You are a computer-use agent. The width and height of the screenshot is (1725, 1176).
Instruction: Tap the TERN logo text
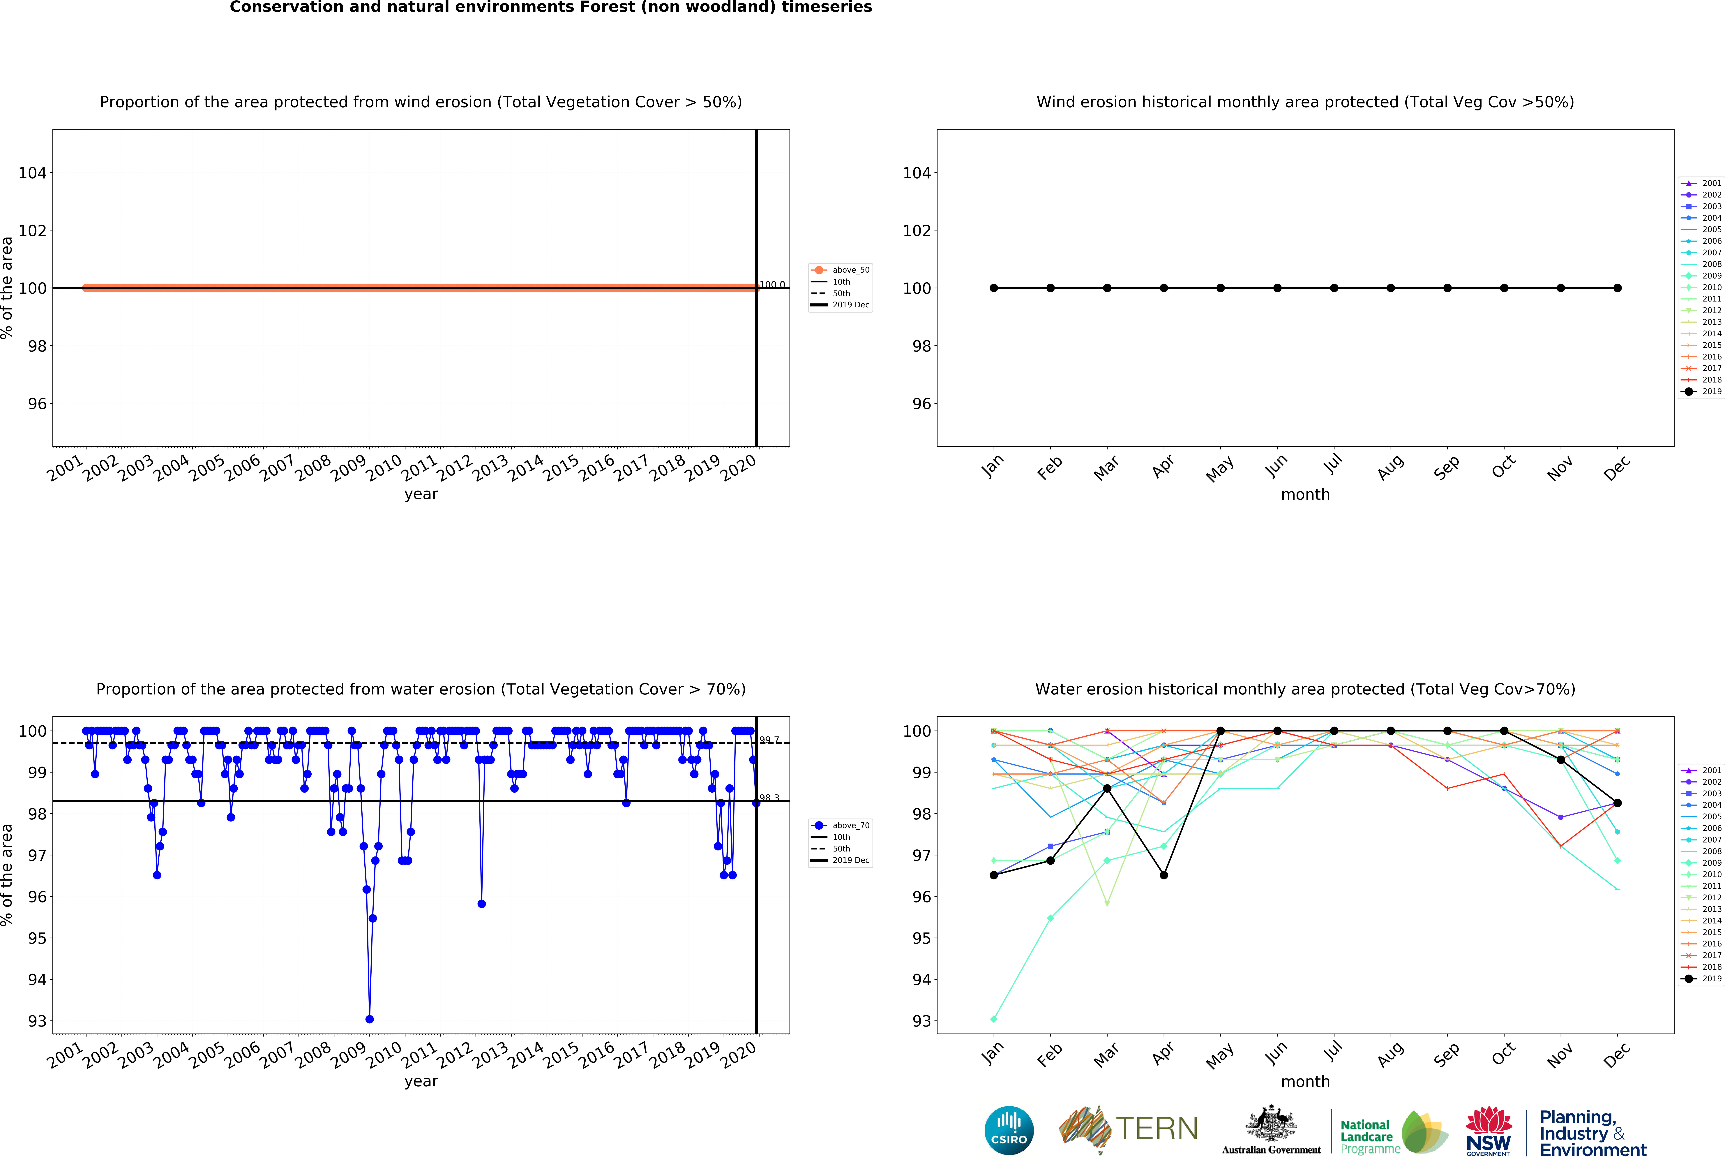click(x=1157, y=1129)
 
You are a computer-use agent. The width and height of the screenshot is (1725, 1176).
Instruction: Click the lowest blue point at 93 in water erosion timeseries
click(x=370, y=1019)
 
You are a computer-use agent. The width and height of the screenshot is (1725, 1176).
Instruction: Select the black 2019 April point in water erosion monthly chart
click(x=1164, y=875)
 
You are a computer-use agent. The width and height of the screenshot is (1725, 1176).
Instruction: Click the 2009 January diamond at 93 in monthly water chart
click(x=994, y=1019)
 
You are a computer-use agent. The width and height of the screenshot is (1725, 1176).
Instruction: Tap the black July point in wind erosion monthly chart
click(x=1334, y=288)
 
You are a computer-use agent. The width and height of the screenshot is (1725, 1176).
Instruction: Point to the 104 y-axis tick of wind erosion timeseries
click(x=33, y=173)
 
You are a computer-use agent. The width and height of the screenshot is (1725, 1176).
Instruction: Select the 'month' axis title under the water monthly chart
click(x=1305, y=1082)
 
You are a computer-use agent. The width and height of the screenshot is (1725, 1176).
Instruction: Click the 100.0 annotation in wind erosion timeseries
click(x=772, y=285)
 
